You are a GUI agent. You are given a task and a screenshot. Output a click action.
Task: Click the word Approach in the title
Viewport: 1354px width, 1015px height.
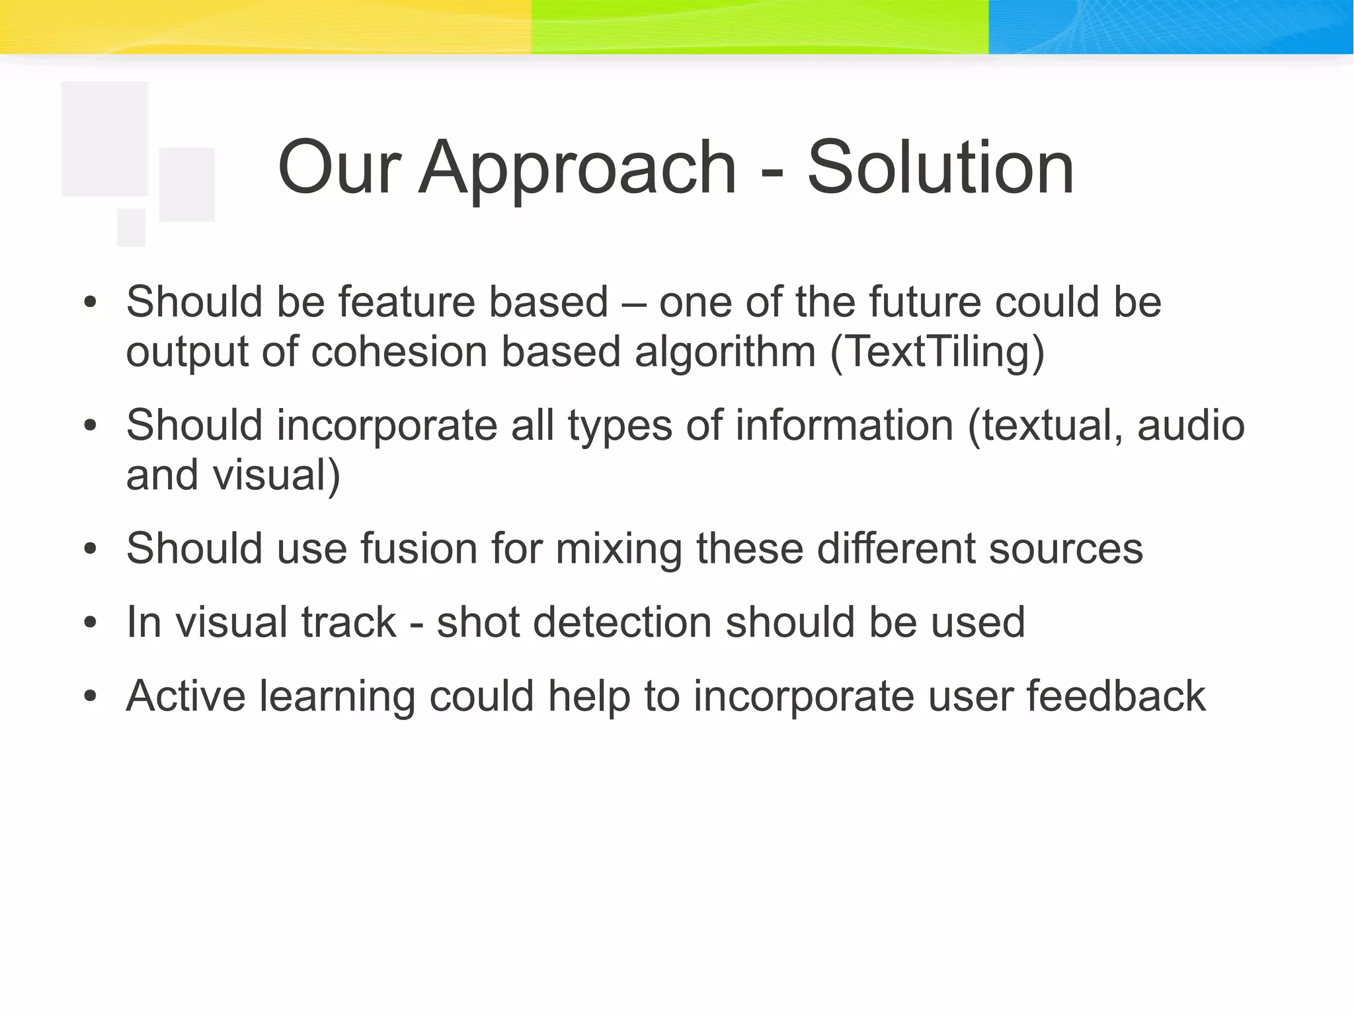[x=577, y=169]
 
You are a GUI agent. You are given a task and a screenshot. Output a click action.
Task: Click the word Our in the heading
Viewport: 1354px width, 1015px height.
[x=339, y=169]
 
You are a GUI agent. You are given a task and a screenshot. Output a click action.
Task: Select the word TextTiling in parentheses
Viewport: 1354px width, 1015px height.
[x=937, y=352]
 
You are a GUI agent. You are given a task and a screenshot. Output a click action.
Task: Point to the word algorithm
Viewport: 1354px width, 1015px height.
[x=725, y=352]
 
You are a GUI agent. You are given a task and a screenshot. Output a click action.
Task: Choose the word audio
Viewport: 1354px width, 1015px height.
[x=1191, y=425]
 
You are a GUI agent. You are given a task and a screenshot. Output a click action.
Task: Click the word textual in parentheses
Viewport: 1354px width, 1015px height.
[x=1045, y=425]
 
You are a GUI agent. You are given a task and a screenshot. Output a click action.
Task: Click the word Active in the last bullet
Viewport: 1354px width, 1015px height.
[x=186, y=696]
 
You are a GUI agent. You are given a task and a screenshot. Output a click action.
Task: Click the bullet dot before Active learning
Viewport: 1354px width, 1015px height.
[x=91, y=696]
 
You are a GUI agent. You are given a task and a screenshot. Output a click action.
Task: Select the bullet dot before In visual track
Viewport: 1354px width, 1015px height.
[x=91, y=623]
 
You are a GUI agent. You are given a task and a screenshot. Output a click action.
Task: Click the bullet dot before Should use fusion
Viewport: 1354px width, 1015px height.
[x=91, y=549]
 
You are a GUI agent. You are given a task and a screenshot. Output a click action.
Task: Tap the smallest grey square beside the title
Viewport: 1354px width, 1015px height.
[x=131, y=227]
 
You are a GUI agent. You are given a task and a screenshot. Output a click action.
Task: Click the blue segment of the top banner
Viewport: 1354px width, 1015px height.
[x=1170, y=26]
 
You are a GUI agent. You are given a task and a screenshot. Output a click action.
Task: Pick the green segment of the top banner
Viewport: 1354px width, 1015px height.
[x=760, y=26]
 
